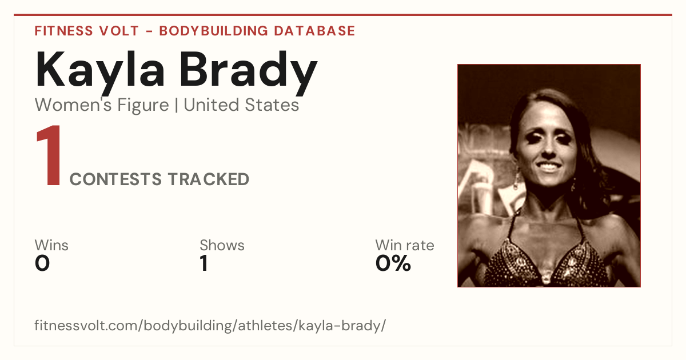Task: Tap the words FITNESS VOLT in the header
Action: click(87, 31)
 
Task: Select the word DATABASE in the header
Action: click(314, 31)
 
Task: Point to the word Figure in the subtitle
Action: click(143, 106)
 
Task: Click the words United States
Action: click(241, 105)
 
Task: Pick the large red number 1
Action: click(49, 155)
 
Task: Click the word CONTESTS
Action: click(115, 179)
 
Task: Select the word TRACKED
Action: click(209, 179)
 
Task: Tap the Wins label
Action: click(51, 245)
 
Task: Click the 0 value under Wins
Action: click(42, 263)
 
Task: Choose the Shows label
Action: click(222, 245)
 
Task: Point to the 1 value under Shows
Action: click(204, 263)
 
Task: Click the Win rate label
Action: click(405, 245)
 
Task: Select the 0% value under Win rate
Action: click(393, 263)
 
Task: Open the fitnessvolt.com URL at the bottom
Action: click(210, 325)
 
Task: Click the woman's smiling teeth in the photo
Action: click(548, 166)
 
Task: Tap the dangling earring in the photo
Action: click(517, 179)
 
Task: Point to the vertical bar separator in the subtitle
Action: click(177, 105)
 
